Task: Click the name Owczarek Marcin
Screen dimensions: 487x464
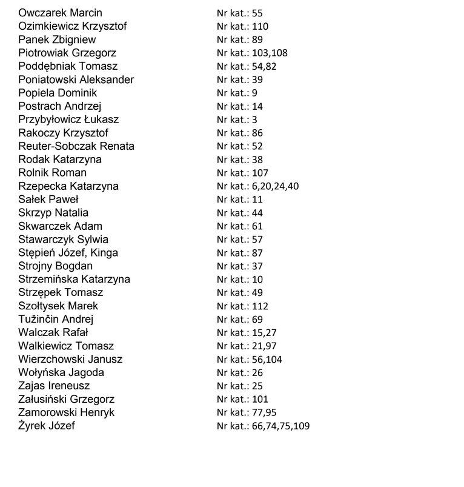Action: pos(60,13)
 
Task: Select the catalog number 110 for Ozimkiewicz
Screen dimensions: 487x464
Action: pos(261,27)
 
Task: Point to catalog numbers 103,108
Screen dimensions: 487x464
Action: pos(270,53)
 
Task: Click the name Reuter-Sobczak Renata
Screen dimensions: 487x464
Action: pos(76,146)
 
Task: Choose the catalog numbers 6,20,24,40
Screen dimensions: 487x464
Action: pos(274,186)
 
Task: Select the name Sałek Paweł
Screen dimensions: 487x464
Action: pos(48,200)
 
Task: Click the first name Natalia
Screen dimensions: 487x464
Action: pos(71,213)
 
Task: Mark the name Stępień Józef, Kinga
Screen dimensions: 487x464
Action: pos(68,253)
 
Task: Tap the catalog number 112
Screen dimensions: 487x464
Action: pos(260,306)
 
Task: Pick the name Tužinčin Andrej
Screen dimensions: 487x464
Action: pos(56,319)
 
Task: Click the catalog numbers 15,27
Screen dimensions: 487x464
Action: pos(263,333)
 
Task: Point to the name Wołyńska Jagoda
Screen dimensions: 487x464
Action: pos(61,372)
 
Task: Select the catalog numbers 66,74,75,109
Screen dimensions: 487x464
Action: pos(280,426)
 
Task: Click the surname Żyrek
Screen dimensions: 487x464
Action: pos(33,426)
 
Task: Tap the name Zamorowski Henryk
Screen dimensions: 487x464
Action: pos(67,412)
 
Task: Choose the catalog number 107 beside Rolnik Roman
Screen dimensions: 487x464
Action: pos(260,173)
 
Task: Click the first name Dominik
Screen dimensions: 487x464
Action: pos(76,93)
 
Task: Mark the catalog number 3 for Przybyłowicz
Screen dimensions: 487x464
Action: pos(254,120)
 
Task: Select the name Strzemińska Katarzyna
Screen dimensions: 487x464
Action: pos(74,280)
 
